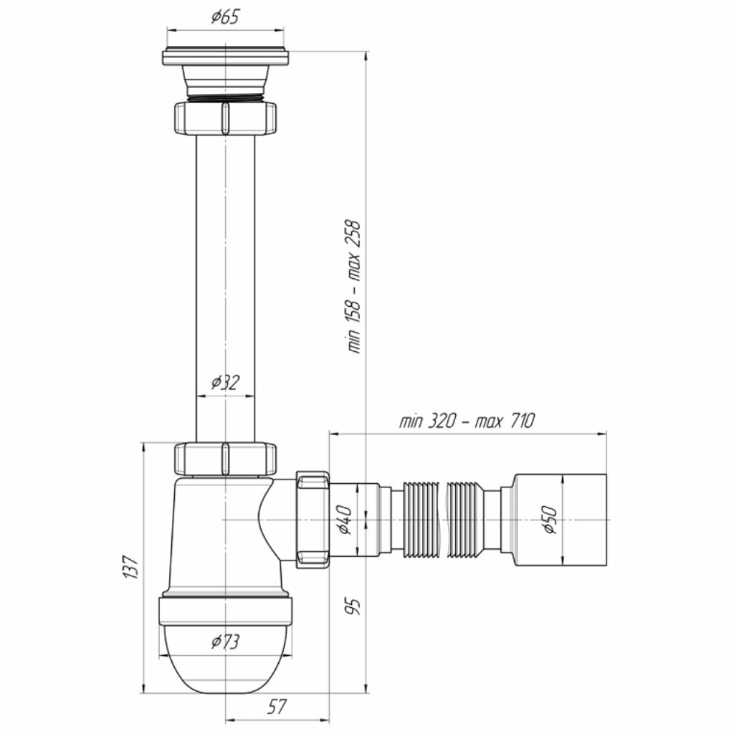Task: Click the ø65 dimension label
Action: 225,17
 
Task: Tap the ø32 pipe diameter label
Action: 225,383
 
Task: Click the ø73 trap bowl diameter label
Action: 225,642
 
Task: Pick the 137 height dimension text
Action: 130,568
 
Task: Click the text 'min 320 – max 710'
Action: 467,421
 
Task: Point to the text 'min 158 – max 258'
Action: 354,287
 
